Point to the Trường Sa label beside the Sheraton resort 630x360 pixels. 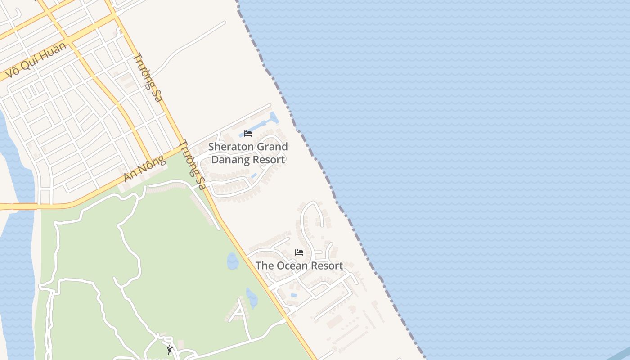[192, 164]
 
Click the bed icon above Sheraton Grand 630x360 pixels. [248, 134]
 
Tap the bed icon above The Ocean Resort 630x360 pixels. [299, 252]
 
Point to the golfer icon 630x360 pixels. [170, 350]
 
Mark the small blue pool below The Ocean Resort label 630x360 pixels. [294, 295]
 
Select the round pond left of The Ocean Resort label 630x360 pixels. [233, 261]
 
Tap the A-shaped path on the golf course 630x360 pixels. [240, 313]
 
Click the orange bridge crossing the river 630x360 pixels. [25, 207]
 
